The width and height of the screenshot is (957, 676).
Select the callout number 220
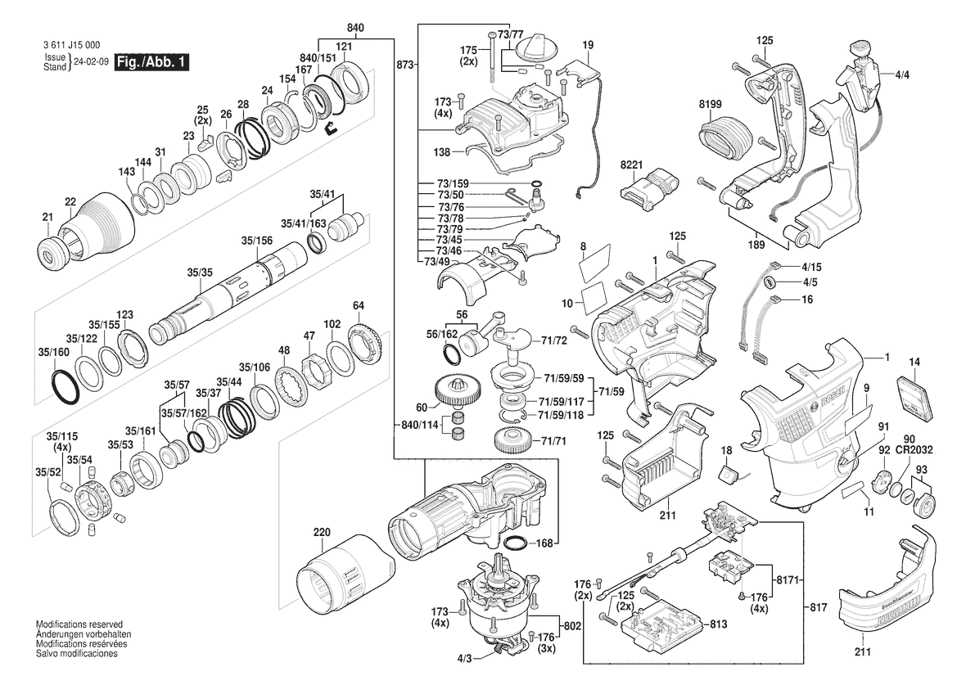point(322,532)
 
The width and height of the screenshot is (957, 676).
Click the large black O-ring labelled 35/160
point(63,387)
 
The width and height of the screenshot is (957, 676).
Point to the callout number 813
point(718,624)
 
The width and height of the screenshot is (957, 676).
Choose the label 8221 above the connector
point(631,166)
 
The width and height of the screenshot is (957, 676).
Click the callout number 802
point(572,625)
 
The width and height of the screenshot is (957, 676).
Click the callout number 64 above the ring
point(358,306)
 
